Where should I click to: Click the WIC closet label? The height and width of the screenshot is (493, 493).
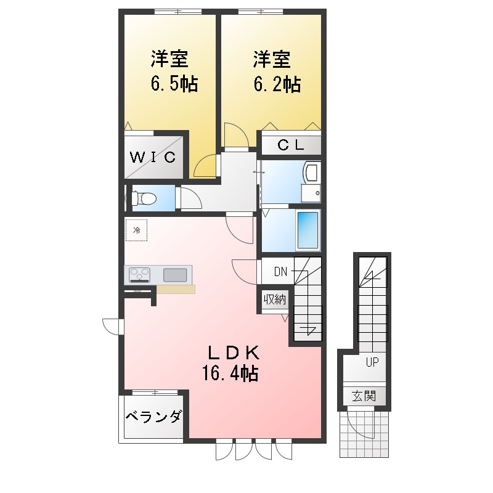(153, 157)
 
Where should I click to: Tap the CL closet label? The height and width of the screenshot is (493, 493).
(290, 145)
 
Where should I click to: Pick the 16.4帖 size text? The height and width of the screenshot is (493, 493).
(229, 372)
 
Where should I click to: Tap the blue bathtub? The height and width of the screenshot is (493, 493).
(308, 230)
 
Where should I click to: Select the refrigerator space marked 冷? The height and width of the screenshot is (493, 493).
(137, 230)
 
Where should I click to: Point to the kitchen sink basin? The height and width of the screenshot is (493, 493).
(175, 274)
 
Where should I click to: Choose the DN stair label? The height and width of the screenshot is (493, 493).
(281, 271)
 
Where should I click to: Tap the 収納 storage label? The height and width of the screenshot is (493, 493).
(274, 300)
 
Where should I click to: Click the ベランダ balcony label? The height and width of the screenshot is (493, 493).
(153, 417)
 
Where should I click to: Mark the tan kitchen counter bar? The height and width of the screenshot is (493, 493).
(176, 289)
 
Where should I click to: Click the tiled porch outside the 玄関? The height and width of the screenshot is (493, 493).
(364, 434)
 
